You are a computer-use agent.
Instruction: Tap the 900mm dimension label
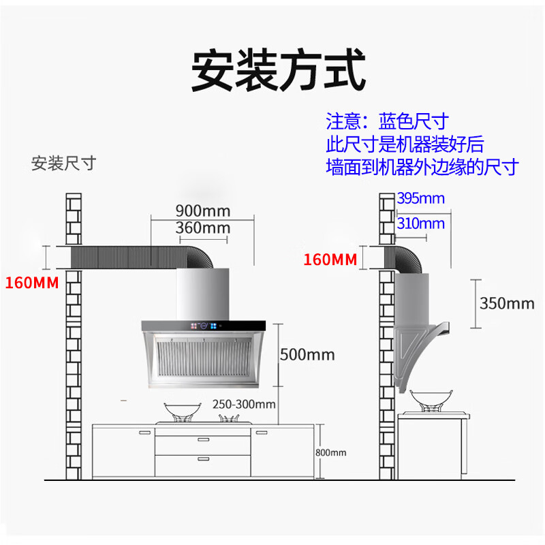[202, 210]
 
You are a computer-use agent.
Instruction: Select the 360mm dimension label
[202, 228]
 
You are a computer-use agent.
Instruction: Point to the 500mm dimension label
[307, 354]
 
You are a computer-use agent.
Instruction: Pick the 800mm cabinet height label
[330, 452]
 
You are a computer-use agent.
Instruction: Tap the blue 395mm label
[420, 198]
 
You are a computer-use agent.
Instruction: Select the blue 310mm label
[420, 223]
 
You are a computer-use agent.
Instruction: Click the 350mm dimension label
[507, 303]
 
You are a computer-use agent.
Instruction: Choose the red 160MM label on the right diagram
[330, 259]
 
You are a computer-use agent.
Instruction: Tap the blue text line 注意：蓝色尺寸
[387, 122]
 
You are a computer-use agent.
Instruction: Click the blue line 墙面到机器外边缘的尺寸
[422, 167]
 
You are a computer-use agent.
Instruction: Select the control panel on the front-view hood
[204, 326]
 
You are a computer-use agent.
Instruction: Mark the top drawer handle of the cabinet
[203, 440]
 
